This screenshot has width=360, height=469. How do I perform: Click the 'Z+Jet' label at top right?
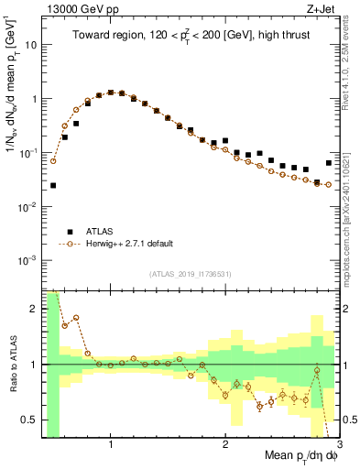(x=322, y=8)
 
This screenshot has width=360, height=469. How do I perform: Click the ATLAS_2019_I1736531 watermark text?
(x=190, y=274)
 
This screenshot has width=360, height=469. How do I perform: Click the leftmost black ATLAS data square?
(x=53, y=185)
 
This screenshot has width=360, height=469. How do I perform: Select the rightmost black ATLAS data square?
(x=329, y=163)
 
